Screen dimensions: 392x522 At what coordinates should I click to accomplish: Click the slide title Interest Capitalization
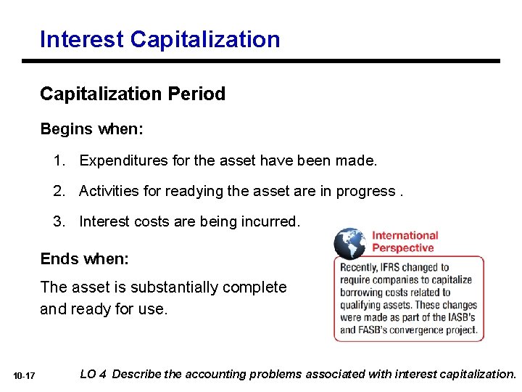tap(159, 38)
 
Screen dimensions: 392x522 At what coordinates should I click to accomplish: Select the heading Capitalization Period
tap(133, 94)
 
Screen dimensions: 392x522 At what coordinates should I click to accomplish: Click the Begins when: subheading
tap(91, 129)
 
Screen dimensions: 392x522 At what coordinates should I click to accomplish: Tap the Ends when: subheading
tap(84, 259)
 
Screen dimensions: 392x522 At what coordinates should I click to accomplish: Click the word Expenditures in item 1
tap(124, 160)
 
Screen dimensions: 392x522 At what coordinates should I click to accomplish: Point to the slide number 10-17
tap(24, 376)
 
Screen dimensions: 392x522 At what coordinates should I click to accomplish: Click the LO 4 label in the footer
tap(94, 375)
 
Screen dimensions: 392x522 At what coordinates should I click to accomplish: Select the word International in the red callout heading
tap(405, 235)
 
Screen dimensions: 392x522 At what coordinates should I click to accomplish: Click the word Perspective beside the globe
tap(402, 248)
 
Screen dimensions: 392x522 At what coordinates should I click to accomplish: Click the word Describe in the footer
tap(138, 375)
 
